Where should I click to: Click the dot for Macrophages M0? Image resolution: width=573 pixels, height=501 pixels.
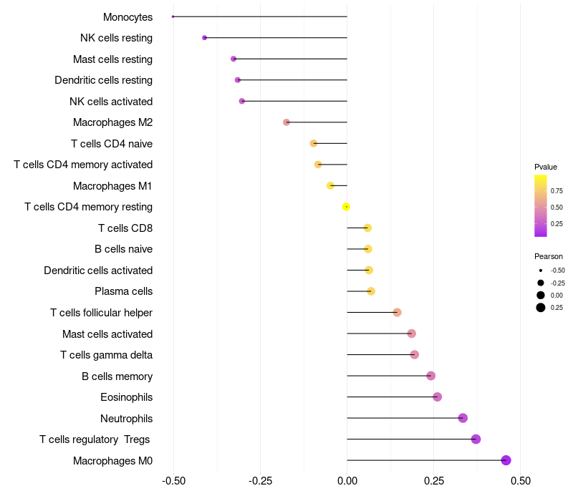(506, 460)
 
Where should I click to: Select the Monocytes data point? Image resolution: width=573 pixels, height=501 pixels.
(173, 16)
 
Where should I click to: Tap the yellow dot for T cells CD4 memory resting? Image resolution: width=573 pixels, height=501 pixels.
(346, 207)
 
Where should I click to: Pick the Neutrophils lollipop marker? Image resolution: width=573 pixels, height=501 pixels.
(463, 418)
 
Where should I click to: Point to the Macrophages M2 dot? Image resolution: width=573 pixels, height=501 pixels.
(286, 122)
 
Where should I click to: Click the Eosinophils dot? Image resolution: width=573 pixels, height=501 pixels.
(438, 397)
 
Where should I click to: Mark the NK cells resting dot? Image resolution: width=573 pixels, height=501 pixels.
(205, 38)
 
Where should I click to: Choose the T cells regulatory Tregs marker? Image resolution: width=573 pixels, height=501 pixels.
(476, 439)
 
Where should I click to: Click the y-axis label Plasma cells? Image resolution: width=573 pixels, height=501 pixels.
(123, 291)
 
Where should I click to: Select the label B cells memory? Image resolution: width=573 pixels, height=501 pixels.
(117, 376)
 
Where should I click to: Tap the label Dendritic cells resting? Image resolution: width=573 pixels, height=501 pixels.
(103, 80)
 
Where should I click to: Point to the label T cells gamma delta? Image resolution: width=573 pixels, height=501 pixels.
(106, 355)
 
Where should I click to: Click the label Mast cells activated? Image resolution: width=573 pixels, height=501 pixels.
(107, 334)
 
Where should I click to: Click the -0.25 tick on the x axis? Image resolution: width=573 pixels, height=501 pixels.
(260, 480)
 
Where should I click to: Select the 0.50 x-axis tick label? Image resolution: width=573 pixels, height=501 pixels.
(521, 480)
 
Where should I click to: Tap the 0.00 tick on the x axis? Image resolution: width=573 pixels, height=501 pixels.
(347, 480)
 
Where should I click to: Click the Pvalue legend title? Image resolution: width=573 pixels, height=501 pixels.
(546, 167)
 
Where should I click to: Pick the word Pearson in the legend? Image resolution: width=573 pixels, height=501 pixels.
(549, 256)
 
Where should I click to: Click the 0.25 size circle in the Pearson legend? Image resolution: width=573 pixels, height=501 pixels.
(541, 308)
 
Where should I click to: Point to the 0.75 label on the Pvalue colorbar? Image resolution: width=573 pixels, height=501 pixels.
(557, 190)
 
